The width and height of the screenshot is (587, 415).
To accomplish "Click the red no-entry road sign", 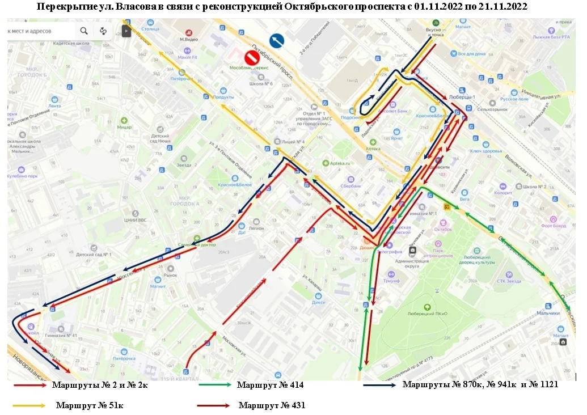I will pos(252,57).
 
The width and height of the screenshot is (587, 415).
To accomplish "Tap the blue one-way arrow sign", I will pos(277,41).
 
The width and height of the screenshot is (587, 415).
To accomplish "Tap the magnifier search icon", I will pos(84,31).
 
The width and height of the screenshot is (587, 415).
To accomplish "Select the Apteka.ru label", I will pos(340,163).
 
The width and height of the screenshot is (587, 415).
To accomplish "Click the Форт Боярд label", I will pos(554,226).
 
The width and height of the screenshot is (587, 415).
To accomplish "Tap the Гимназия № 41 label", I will pos(63,336).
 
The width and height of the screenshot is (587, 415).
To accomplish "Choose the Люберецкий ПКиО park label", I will pos(428,314).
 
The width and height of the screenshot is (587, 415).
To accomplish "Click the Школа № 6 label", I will pos(261,84).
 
